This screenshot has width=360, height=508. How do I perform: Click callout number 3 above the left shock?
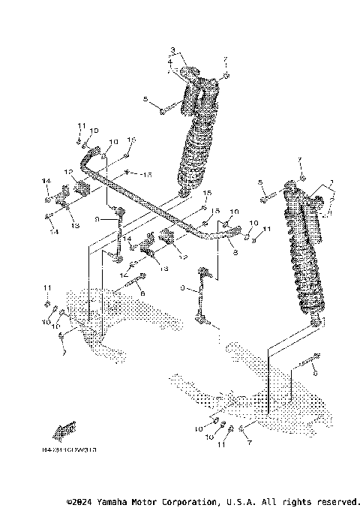click(x=172, y=50)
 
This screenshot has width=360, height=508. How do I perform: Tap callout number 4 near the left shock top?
click(x=169, y=62)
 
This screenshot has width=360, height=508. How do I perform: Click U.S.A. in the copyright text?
click(x=240, y=501)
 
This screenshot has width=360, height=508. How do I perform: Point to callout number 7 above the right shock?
click(x=298, y=160)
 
